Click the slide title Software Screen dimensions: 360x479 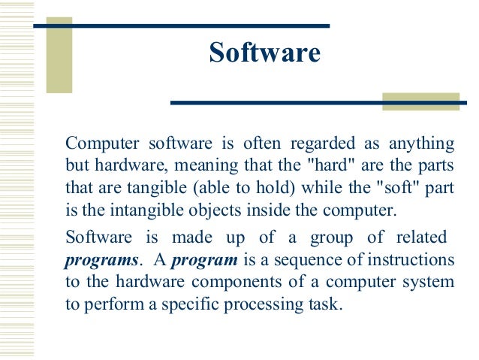264,53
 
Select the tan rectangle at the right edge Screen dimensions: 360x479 420,101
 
